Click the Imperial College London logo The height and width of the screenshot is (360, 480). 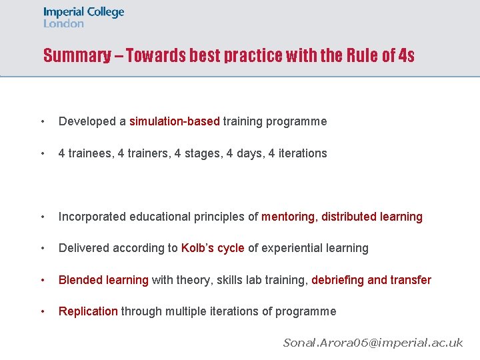pos(83,17)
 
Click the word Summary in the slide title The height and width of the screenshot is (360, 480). pos(77,55)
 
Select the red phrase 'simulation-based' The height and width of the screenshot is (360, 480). pos(174,121)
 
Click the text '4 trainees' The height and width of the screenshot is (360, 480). pos(85,153)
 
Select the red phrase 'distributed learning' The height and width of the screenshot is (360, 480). pos(372,217)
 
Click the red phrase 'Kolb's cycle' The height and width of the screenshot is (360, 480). pos(213,248)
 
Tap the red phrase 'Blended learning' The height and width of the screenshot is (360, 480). pos(103,280)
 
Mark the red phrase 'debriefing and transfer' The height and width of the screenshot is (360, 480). pos(371,280)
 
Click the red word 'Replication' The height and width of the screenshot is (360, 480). pos(88,311)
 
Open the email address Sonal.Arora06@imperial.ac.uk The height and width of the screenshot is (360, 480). pos(373,343)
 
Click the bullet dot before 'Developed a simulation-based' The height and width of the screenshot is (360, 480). pos(43,122)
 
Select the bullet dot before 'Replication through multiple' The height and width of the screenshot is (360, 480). pos(43,312)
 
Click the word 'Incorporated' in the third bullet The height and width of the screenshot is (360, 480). pos(90,217)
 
